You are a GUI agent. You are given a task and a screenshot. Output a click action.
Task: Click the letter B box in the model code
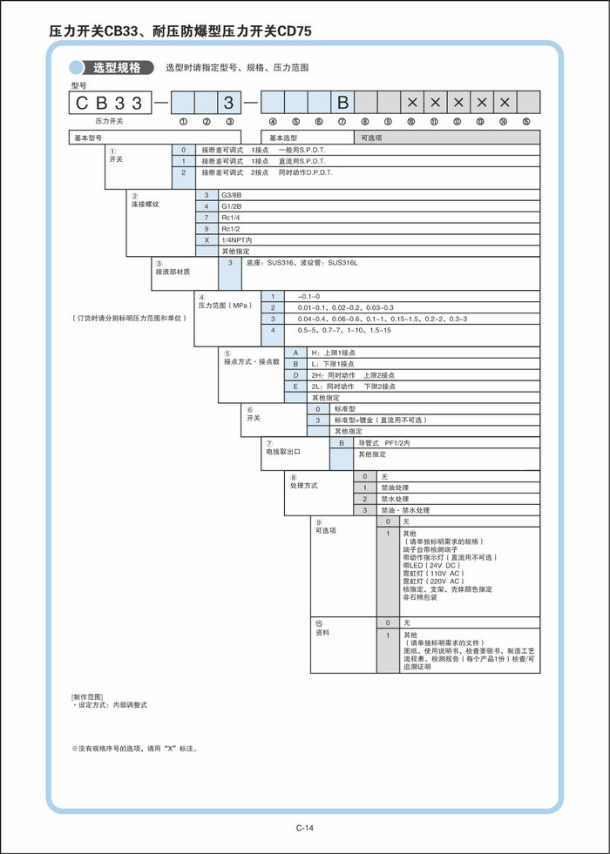tap(342, 103)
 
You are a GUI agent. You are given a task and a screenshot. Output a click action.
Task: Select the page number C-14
tap(304, 827)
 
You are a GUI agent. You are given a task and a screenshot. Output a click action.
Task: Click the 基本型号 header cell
tap(87, 138)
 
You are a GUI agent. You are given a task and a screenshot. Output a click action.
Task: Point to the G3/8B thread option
tap(233, 194)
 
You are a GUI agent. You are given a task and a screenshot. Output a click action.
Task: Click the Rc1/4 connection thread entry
tap(231, 217)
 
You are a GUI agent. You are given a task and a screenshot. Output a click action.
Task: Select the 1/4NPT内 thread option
tap(236, 239)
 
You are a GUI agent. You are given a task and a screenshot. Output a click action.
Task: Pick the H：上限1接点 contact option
tap(334, 352)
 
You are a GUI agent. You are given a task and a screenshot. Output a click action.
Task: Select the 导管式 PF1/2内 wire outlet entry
tap(384, 442)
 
